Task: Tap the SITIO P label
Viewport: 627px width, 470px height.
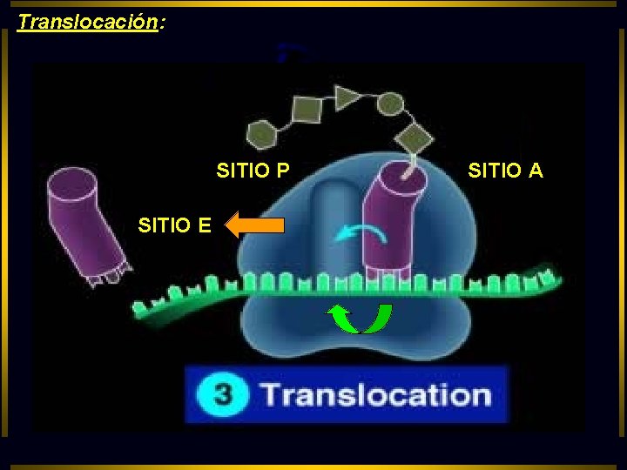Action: tap(253, 171)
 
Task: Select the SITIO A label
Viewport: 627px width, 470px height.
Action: tap(505, 171)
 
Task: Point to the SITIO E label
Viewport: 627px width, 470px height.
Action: tap(174, 226)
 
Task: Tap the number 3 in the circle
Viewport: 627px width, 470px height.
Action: tap(223, 394)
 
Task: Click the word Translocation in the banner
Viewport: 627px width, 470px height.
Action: tap(376, 394)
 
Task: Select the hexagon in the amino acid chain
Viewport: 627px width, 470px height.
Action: tap(262, 134)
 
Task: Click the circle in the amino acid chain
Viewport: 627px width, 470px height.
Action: tap(389, 105)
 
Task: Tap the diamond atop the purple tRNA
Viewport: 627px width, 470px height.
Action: tap(415, 137)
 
